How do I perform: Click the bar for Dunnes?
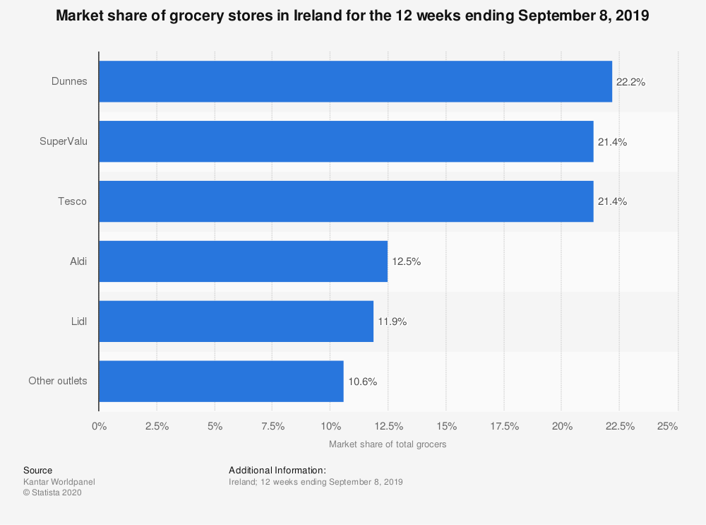(x=355, y=81)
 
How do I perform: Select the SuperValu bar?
(x=346, y=141)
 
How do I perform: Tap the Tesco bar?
(x=346, y=201)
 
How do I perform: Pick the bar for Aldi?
(x=243, y=261)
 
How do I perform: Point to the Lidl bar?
(x=236, y=322)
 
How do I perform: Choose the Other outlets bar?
(x=221, y=382)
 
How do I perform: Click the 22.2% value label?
(x=630, y=82)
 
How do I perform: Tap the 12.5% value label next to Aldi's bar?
(x=406, y=261)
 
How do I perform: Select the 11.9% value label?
(x=392, y=322)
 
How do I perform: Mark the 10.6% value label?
(x=362, y=382)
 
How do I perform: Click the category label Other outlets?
(x=58, y=381)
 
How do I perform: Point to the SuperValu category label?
(x=64, y=141)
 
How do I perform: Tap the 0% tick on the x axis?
(x=99, y=426)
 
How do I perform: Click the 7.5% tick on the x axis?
(x=273, y=426)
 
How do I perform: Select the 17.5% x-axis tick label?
(x=504, y=426)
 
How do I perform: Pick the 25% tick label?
(x=667, y=426)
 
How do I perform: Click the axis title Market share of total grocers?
(x=388, y=444)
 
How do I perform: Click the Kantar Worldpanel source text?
(x=59, y=482)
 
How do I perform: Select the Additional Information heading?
(x=277, y=470)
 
